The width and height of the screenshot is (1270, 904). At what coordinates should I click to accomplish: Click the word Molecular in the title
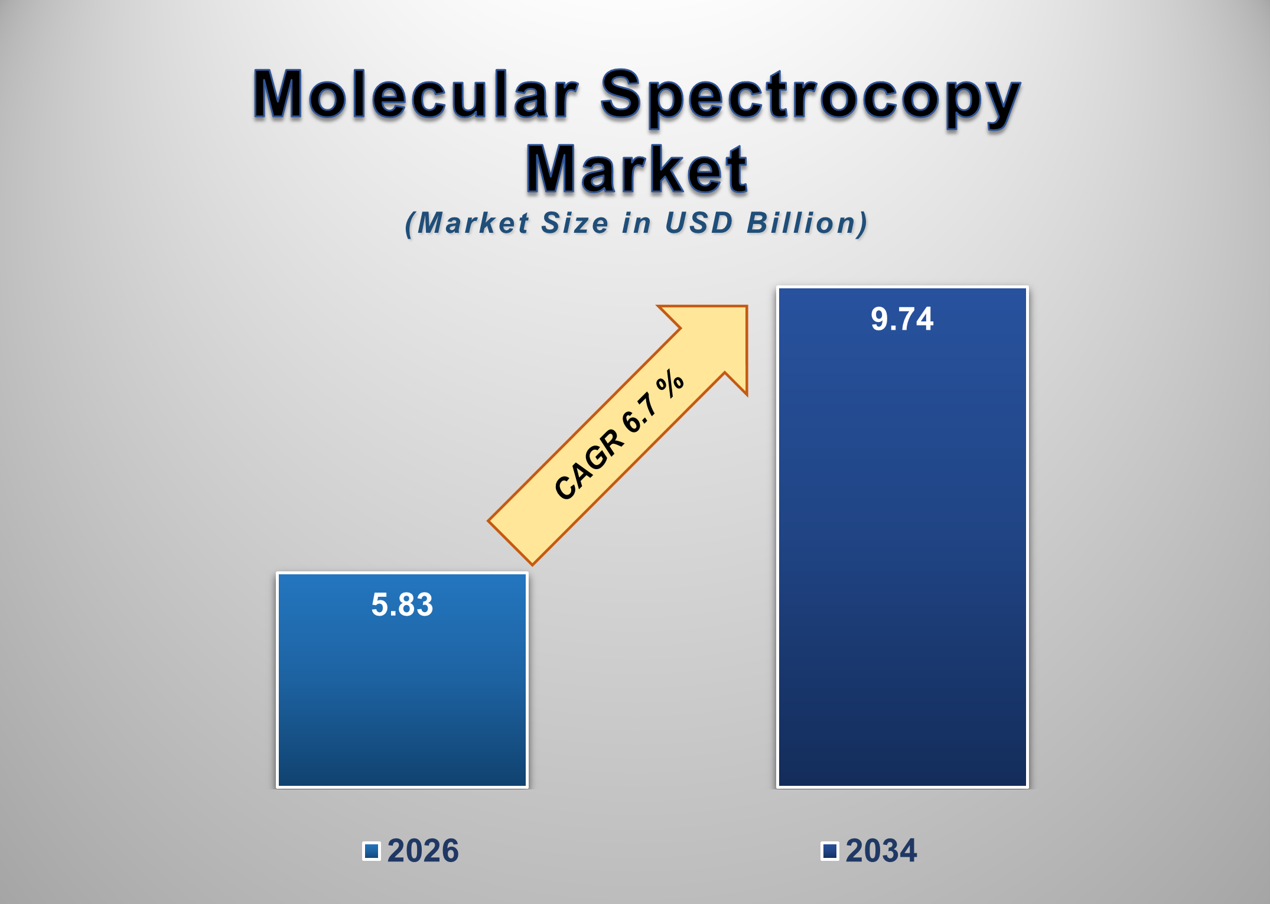(415, 95)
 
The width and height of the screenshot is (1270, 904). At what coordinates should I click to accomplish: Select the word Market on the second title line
(637, 170)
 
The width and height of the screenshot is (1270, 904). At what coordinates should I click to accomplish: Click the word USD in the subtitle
(699, 223)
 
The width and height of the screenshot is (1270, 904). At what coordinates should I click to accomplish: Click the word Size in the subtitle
(575, 223)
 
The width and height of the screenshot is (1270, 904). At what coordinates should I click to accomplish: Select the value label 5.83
(402, 604)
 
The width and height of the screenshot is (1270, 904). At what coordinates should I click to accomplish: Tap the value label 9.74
(902, 319)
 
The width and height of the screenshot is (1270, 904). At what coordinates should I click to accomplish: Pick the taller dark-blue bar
(902, 561)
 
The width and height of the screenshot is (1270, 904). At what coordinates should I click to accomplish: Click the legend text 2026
(423, 851)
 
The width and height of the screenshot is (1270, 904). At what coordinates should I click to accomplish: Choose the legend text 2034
(881, 851)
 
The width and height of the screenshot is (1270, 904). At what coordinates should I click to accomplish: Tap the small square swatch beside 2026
(372, 851)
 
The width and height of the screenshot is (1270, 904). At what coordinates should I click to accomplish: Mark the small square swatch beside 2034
(830, 851)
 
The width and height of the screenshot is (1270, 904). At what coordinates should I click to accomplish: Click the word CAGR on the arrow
(589, 465)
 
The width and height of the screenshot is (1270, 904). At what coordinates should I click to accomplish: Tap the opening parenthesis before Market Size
(410, 225)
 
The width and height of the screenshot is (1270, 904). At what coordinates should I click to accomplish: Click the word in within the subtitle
(637, 223)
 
